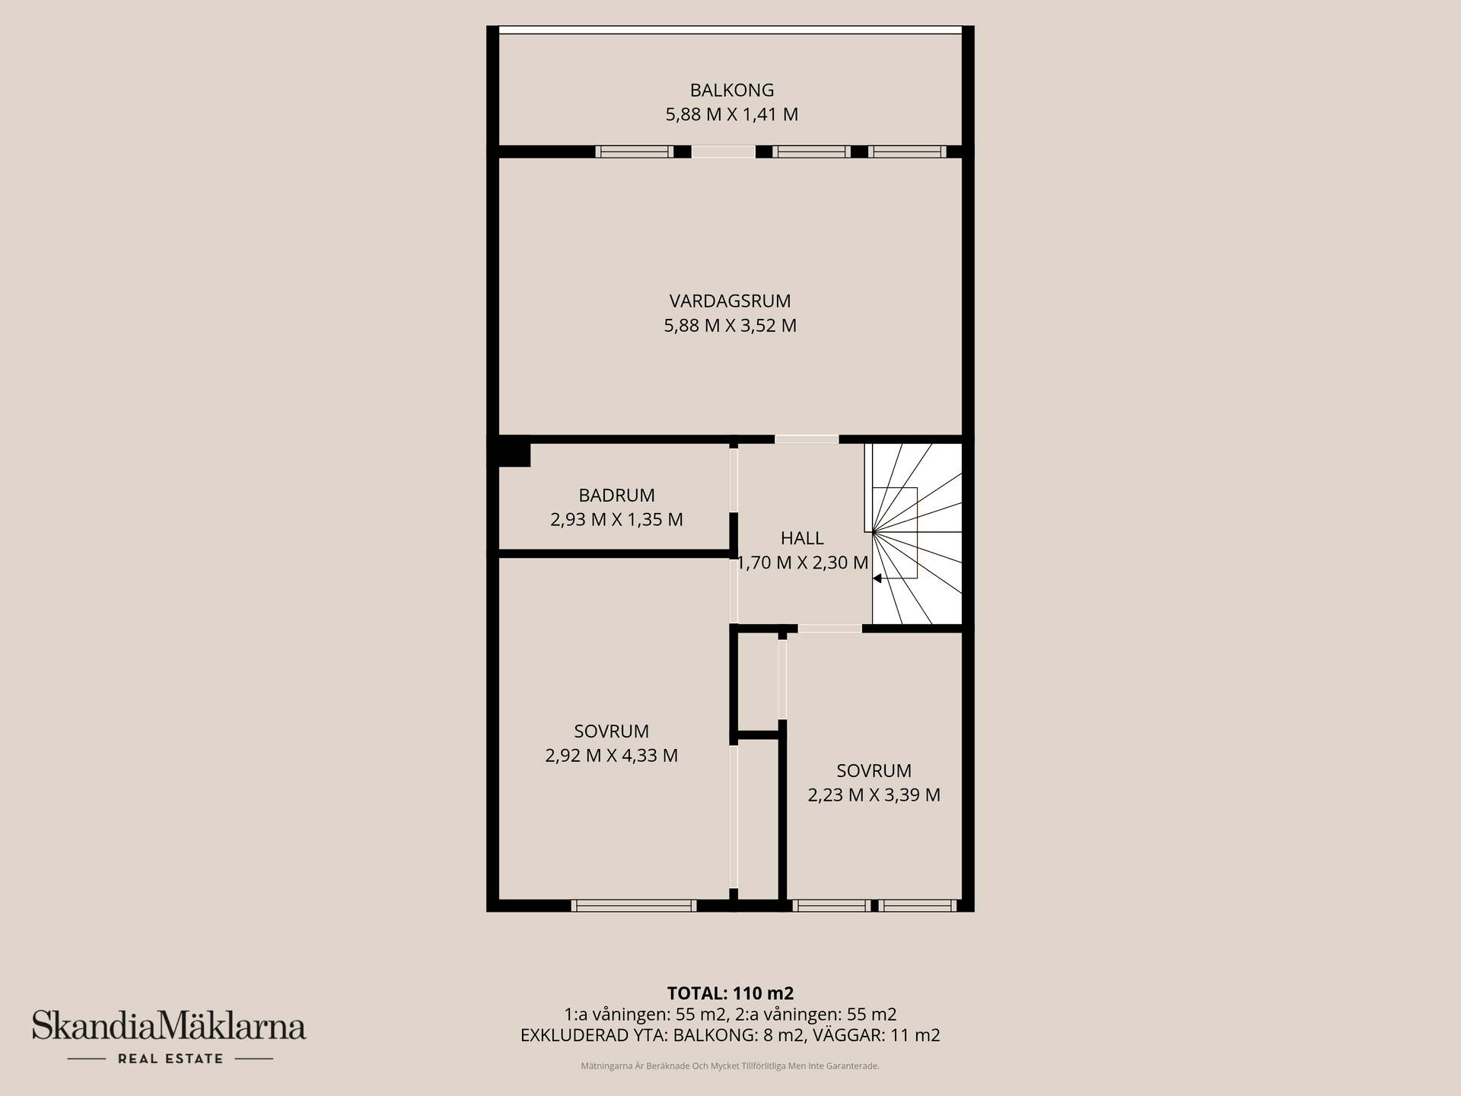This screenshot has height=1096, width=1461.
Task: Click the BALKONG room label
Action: [731, 90]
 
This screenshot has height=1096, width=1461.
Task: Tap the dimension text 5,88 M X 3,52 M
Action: [730, 326]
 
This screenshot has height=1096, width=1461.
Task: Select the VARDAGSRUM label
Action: [730, 301]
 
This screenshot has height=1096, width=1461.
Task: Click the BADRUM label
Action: [616, 495]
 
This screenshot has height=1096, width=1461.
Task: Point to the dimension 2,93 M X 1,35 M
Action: [616, 520]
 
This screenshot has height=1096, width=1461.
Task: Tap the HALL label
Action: [801, 538]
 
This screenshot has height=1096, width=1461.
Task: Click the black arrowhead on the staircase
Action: [877, 578]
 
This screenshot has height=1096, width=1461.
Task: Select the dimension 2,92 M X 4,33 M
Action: [611, 756]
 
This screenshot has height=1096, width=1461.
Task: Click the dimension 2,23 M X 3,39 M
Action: [874, 795]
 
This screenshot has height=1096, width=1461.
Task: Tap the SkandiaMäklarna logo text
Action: [169, 1027]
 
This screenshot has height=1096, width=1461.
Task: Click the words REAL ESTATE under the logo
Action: [170, 1059]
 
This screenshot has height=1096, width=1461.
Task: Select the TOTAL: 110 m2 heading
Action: [730, 993]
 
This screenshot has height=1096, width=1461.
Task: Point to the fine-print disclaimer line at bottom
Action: [730, 1066]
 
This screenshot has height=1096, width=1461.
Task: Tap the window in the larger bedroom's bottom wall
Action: [633, 906]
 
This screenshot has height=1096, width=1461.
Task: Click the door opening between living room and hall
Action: [807, 439]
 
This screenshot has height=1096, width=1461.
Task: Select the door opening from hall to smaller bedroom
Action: [829, 629]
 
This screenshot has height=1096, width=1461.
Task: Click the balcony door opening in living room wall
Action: [723, 151]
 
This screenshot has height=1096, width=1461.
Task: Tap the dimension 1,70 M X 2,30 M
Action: [802, 563]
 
